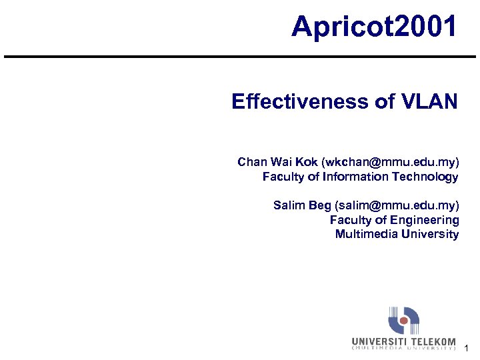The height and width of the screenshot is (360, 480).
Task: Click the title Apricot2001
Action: (375, 27)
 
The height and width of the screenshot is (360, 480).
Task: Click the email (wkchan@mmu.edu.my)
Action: (391, 162)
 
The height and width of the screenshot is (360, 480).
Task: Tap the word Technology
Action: (425, 177)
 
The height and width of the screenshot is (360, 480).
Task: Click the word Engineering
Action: (424, 219)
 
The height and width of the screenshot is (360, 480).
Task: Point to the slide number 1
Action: (467, 348)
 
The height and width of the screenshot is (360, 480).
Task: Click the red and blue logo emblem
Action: (404, 321)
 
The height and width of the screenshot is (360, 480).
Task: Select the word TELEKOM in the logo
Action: (433, 341)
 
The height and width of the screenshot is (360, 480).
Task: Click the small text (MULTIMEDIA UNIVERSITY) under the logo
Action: (404, 348)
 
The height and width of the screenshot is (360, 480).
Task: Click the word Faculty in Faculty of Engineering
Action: (349, 219)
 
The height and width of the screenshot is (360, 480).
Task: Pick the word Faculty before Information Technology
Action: (282, 177)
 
